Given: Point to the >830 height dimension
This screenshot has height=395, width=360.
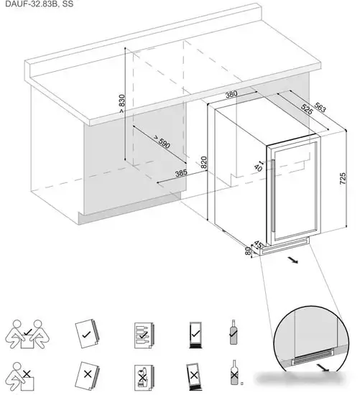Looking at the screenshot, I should (122, 103).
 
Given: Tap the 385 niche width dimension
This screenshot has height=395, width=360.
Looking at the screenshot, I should (181, 173).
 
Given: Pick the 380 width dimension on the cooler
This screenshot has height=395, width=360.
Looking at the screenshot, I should (231, 95).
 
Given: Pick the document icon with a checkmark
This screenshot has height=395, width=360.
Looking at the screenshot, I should (86, 334).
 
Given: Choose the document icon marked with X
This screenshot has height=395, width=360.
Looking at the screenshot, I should (86, 374).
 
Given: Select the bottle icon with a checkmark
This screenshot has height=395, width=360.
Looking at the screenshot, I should (233, 333).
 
